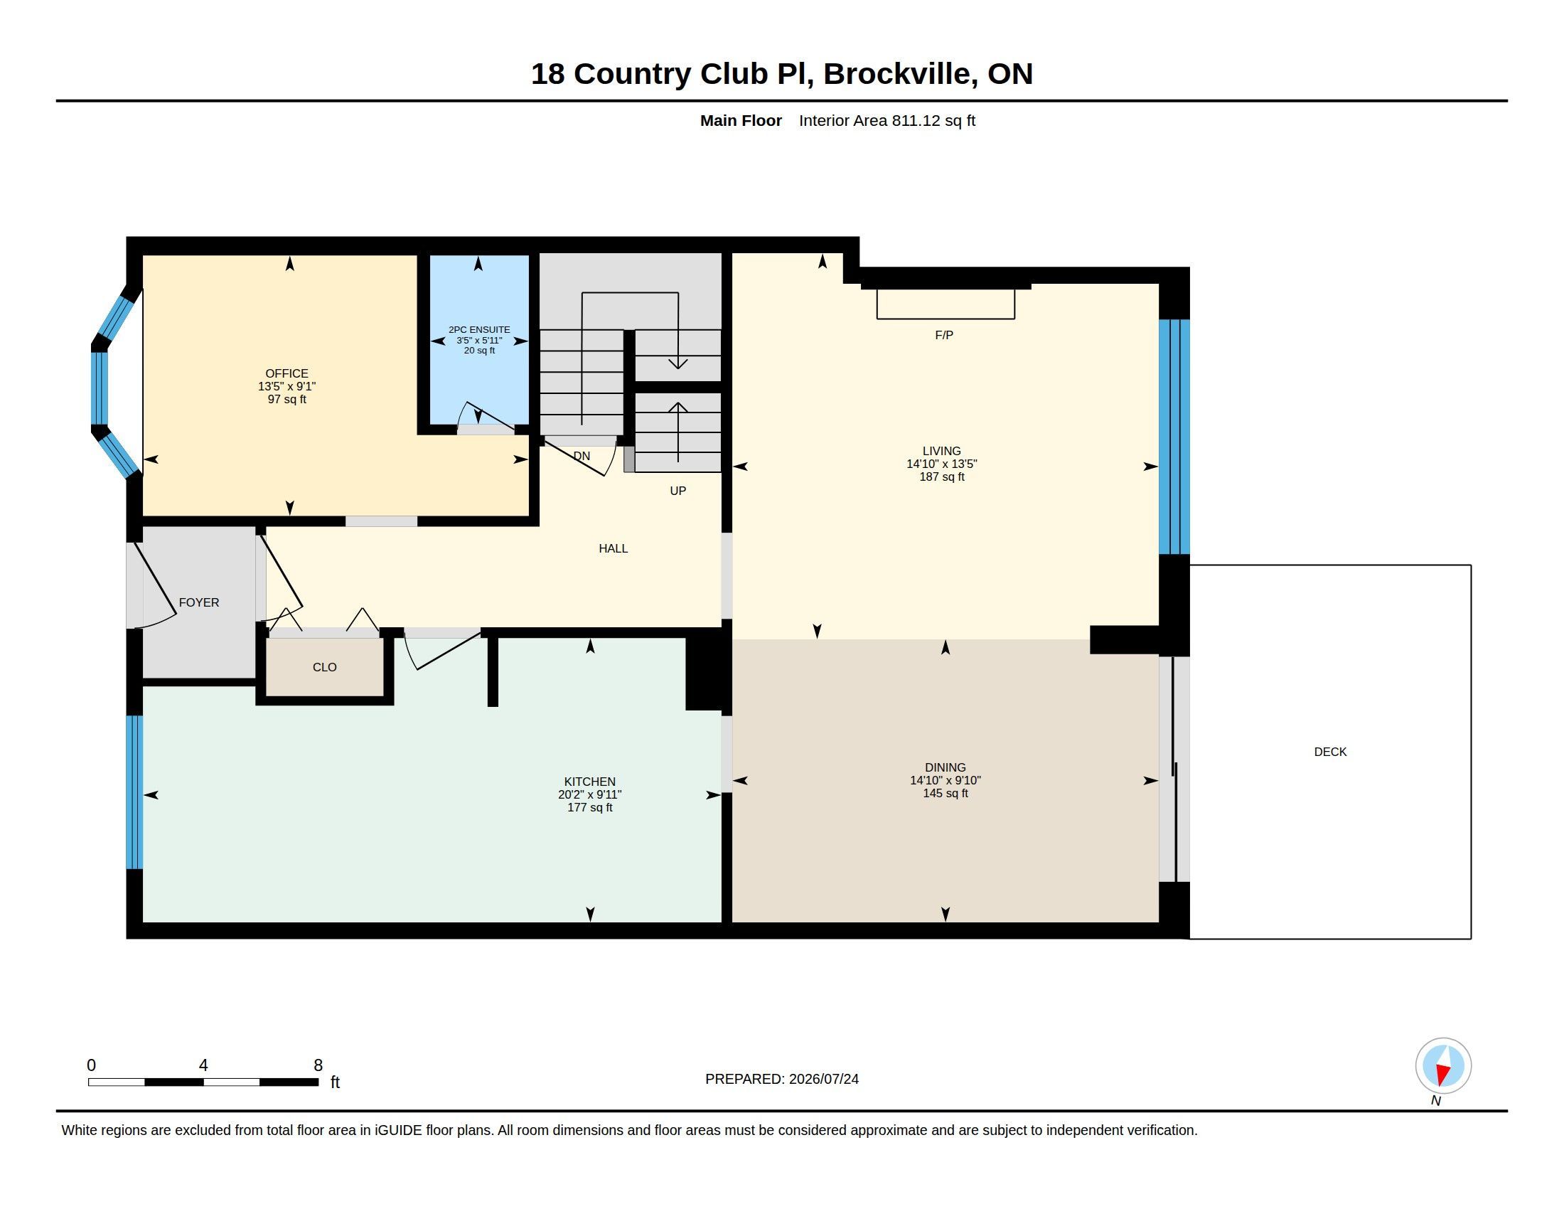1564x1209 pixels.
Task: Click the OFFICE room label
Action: tap(286, 373)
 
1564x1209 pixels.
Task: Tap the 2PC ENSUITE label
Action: tap(479, 330)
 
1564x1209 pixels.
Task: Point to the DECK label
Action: tap(1330, 751)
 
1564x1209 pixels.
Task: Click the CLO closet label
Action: tap(324, 667)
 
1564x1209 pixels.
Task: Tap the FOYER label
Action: tap(199, 602)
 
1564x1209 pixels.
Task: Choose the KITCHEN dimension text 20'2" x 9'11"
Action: tap(589, 794)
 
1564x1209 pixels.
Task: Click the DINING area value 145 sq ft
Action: tap(946, 793)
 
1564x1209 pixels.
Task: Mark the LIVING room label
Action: tap(942, 450)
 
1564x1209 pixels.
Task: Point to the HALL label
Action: tap(613, 548)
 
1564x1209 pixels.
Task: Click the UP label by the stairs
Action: tap(677, 491)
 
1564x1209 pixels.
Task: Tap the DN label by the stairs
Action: tap(582, 456)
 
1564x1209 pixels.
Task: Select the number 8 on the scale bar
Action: tap(318, 1065)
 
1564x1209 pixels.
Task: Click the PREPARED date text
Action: tap(781, 1079)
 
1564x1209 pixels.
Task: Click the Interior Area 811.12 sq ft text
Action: tap(887, 120)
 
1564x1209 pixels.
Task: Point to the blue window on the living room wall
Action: tap(1174, 437)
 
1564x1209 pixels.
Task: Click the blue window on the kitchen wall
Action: tap(134, 792)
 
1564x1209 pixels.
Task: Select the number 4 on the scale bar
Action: tap(203, 1065)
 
